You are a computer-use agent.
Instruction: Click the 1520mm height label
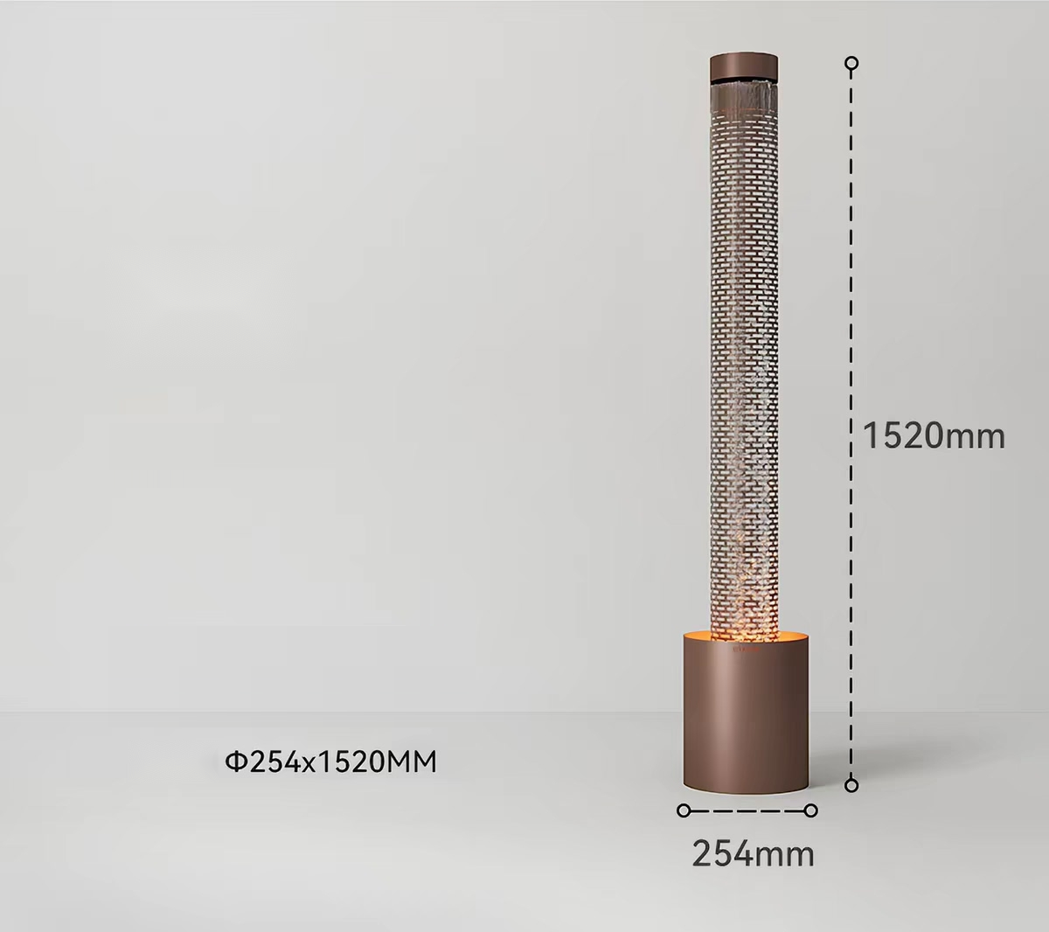(x=934, y=436)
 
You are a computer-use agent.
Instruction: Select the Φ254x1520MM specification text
(x=330, y=762)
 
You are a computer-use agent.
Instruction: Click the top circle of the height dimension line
(x=851, y=64)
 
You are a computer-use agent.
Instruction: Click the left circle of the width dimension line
(x=684, y=810)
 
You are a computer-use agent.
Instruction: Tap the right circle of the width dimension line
(x=811, y=810)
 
